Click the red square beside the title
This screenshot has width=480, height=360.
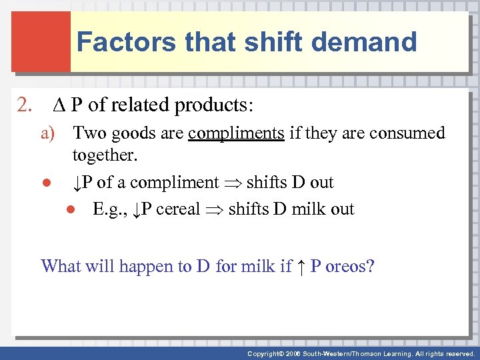(40, 41)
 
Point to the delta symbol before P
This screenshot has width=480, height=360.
(56, 105)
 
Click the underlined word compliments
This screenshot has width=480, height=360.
(236, 133)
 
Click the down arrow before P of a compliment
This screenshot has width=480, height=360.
(77, 183)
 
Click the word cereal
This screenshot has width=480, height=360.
(178, 209)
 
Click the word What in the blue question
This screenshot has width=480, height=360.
(61, 266)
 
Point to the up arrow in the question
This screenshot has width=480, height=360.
(301, 267)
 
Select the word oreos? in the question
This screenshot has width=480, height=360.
(349, 266)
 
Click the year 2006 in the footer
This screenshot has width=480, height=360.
(294, 353)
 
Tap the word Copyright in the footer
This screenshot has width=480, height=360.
(265, 353)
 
